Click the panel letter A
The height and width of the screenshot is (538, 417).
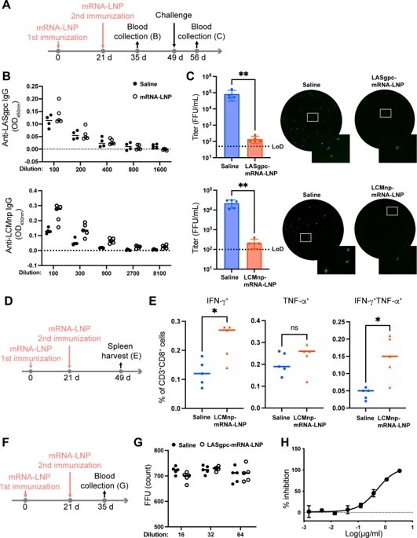point(6,6)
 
